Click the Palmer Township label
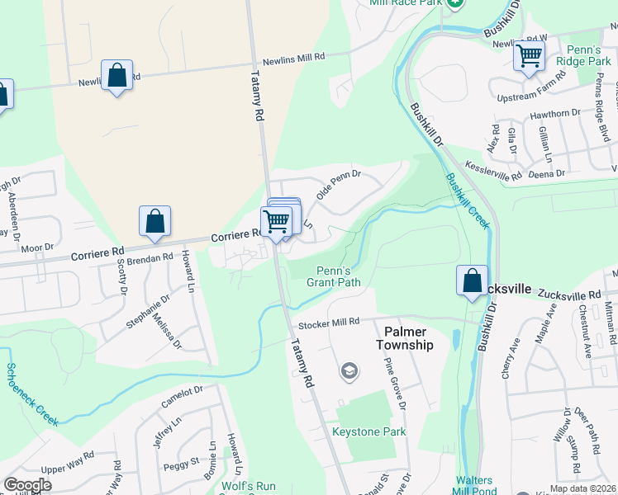[x=405, y=338]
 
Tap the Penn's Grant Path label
[x=334, y=276]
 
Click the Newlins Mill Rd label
[x=294, y=59]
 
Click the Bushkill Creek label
[x=468, y=200]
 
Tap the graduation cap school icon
[x=349, y=373]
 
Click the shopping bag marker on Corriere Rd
[x=154, y=220]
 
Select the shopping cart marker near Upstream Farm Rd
[x=529, y=56]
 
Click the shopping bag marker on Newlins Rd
[x=116, y=74]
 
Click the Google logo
[x=27, y=485]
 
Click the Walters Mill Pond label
[x=473, y=486]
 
